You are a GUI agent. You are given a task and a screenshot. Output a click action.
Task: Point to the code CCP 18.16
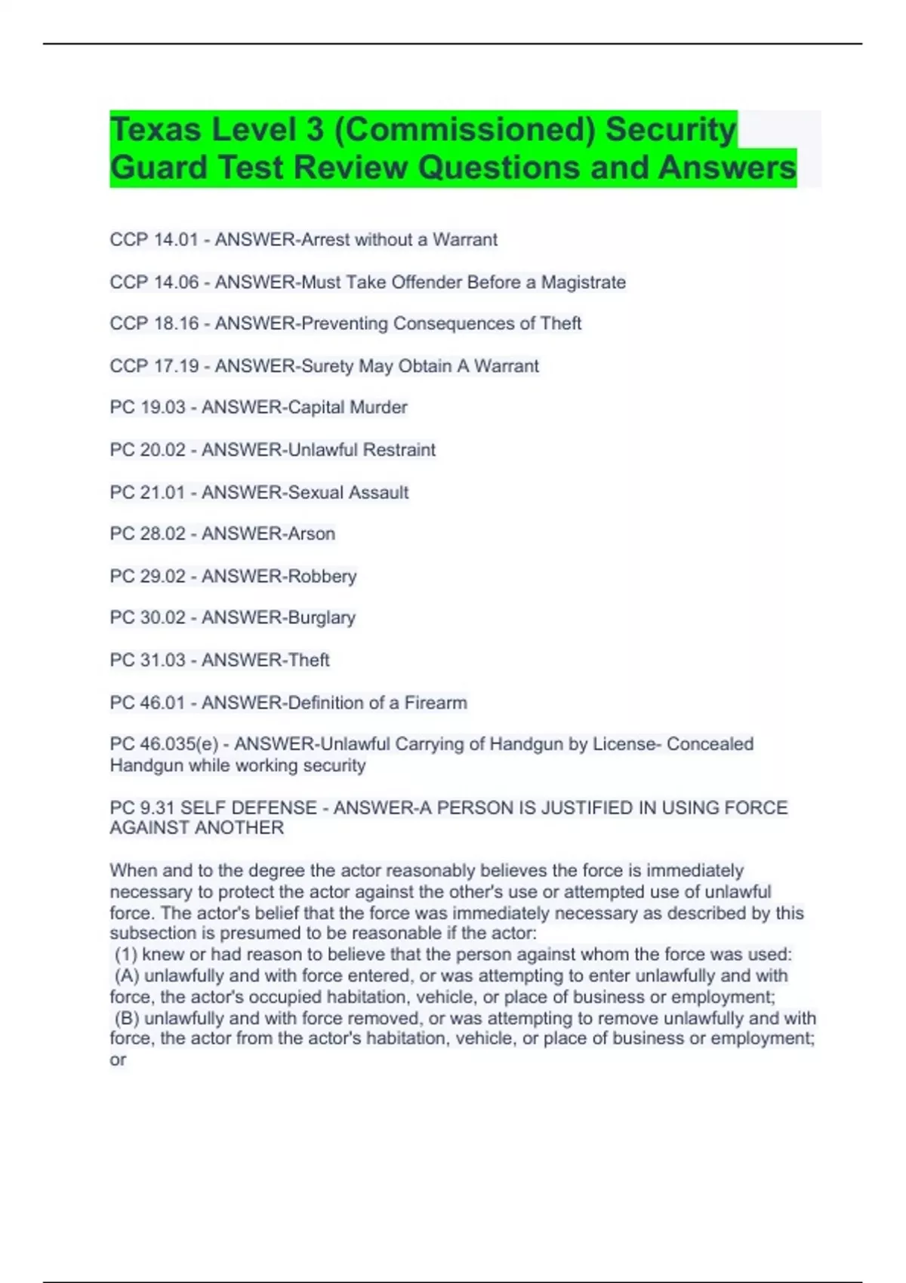[154, 324]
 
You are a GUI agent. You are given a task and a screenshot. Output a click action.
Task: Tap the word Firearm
[436, 703]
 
